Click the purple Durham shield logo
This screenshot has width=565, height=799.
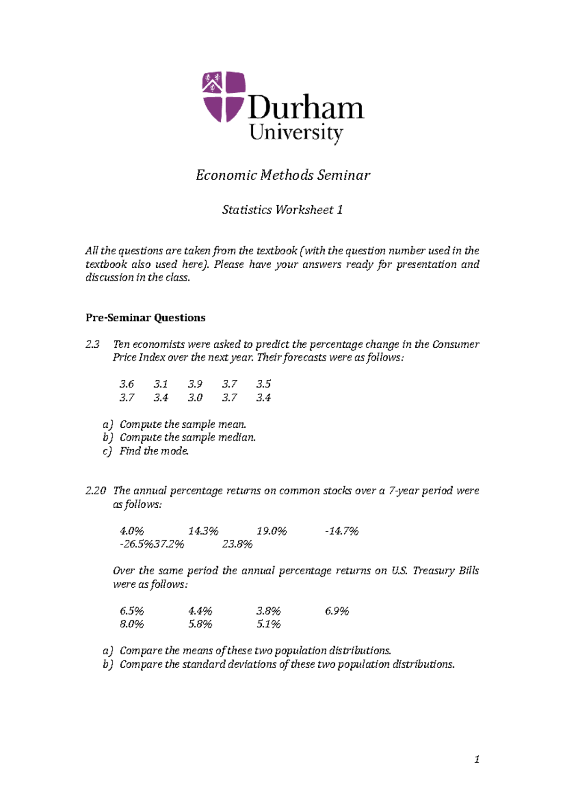(x=224, y=97)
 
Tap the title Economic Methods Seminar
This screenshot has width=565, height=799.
(x=282, y=175)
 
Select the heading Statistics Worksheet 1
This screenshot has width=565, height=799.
(x=282, y=209)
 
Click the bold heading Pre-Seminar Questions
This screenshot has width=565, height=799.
(x=145, y=318)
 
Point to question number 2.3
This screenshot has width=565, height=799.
(x=93, y=344)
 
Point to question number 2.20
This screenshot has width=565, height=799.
(x=96, y=491)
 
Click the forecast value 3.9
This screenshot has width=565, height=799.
(x=195, y=384)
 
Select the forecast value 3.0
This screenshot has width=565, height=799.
(x=195, y=398)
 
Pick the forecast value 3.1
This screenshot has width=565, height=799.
(x=161, y=384)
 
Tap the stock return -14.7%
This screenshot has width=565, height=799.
(x=342, y=531)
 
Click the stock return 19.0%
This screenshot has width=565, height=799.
(x=272, y=531)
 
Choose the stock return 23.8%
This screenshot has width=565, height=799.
(x=237, y=544)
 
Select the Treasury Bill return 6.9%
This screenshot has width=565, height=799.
(x=337, y=611)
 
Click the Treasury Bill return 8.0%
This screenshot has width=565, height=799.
(x=132, y=624)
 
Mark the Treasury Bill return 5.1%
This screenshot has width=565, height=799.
(x=268, y=624)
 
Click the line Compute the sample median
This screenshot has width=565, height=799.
(x=187, y=438)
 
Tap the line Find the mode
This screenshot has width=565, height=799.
(x=154, y=451)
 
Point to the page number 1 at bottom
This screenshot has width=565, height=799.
(x=477, y=759)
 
